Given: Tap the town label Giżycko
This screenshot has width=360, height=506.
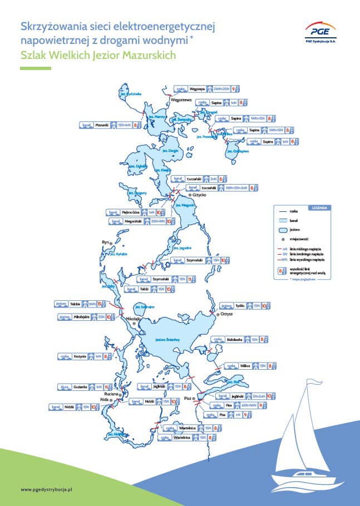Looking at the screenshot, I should click(199, 195).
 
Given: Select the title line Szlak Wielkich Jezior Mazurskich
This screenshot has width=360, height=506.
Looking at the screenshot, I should click(98, 55).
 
